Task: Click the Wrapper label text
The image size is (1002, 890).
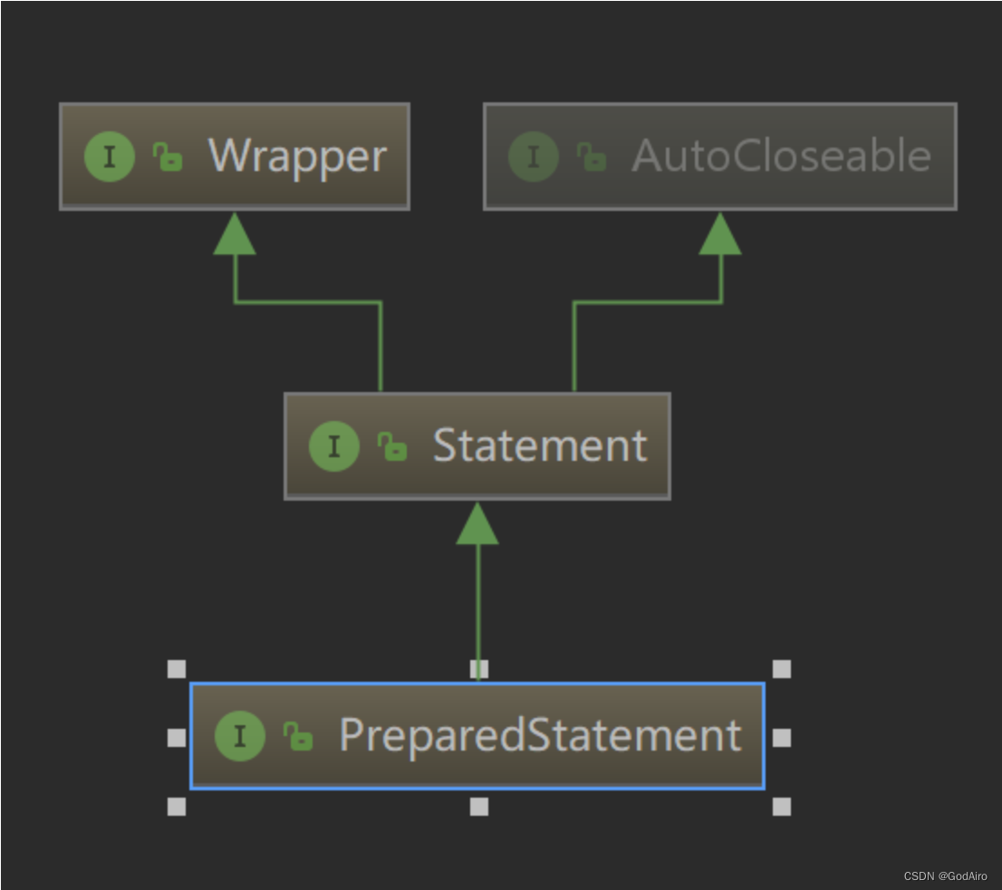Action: point(297,157)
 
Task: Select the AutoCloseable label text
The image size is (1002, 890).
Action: point(781,157)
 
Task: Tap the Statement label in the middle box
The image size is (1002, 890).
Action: point(540,445)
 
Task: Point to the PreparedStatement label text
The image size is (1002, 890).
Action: point(540,735)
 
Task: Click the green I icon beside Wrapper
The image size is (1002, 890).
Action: point(110,157)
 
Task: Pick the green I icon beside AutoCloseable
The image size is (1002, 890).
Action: point(534,157)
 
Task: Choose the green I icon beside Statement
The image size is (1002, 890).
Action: point(334,445)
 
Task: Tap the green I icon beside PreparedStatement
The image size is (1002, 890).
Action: point(240,735)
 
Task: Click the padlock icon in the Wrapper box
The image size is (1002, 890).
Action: point(168,158)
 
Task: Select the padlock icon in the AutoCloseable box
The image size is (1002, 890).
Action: point(592,158)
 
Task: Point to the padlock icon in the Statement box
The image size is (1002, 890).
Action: point(392,446)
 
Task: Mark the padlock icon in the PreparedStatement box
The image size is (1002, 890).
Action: point(298,736)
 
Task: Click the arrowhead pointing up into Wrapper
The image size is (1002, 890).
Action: point(235,234)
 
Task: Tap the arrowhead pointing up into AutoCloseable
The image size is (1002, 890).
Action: point(720,234)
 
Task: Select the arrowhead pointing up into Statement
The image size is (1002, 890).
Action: point(477,524)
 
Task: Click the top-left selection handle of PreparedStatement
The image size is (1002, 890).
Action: point(177,669)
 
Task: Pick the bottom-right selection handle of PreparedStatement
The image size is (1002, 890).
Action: point(782,806)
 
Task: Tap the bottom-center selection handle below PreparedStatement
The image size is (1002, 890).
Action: point(479,806)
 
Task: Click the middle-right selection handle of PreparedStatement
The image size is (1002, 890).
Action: point(782,738)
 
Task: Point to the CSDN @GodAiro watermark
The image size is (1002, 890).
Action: point(945,876)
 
